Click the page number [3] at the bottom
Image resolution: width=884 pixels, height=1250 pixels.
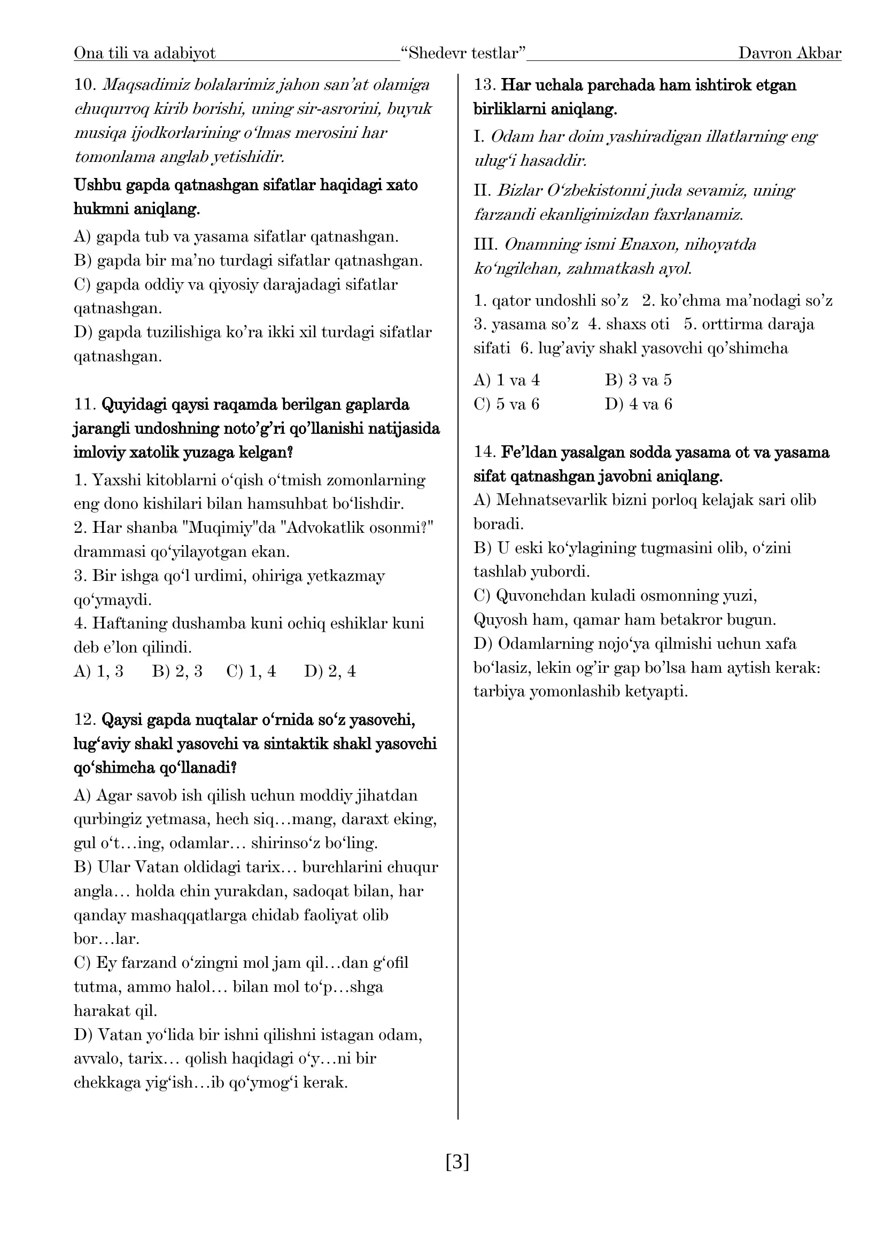point(457,1162)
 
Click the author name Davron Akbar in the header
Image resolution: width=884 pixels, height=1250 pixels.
point(789,53)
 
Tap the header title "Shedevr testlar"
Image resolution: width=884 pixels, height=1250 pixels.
point(463,53)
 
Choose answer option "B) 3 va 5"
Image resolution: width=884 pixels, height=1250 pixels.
point(638,380)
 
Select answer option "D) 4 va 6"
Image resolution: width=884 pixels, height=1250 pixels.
point(638,404)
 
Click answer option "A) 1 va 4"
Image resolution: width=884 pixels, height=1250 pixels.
point(506,380)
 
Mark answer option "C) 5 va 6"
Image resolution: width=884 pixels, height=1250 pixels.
point(506,404)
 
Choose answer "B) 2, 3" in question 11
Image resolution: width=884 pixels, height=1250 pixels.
point(177,671)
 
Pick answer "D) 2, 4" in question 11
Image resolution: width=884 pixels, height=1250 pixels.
point(330,671)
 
